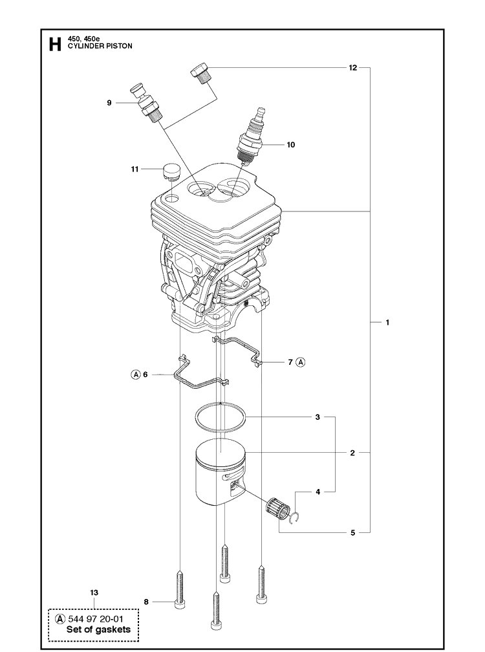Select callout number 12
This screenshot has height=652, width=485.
click(352, 67)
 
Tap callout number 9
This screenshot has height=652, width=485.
click(109, 103)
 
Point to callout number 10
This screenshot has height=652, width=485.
click(290, 145)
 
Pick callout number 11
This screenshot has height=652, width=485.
click(135, 169)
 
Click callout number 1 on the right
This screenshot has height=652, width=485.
click(387, 322)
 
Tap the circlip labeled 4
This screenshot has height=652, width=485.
click(296, 517)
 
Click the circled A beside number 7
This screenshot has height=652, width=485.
click(301, 362)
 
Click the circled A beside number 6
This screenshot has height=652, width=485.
click(136, 374)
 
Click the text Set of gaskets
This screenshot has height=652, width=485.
click(98, 629)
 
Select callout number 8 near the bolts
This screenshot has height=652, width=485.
click(146, 602)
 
